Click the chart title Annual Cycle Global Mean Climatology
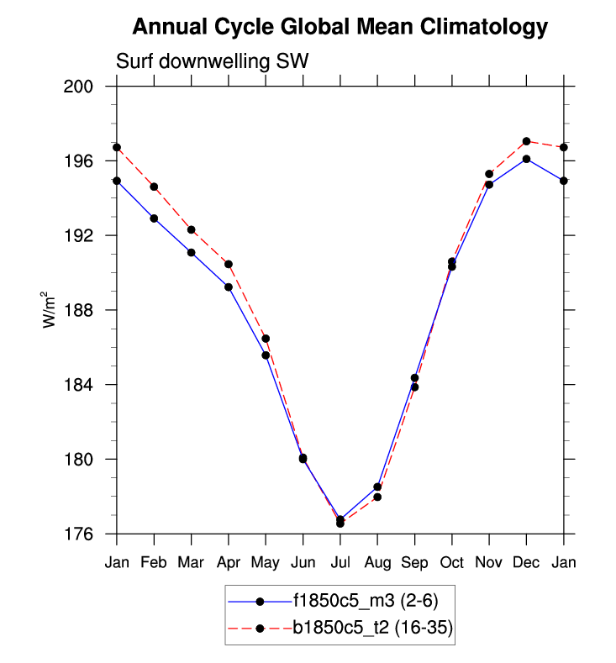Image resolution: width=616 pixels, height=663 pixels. (x=340, y=28)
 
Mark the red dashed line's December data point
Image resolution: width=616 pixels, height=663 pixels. (x=526, y=141)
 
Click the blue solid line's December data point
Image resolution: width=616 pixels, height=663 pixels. (x=526, y=159)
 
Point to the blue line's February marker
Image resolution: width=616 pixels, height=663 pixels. (x=154, y=218)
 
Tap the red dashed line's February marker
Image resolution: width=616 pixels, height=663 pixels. (x=154, y=187)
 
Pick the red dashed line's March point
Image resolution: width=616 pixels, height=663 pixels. (x=192, y=229)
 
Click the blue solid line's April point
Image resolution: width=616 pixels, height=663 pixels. (x=229, y=287)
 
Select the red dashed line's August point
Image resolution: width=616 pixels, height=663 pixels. (x=377, y=497)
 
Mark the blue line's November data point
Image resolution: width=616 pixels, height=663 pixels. (x=489, y=185)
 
